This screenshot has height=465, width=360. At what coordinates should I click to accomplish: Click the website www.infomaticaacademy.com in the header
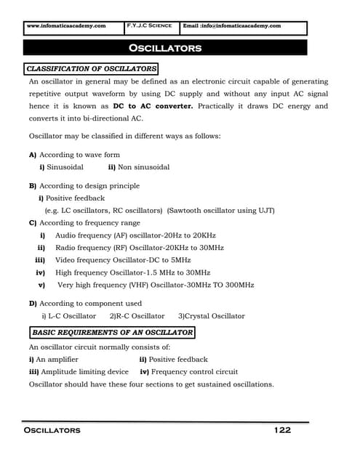click(65, 25)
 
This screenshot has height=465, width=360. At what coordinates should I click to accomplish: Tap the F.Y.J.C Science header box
click(149, 25)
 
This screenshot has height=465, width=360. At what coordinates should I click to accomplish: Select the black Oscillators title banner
click(165, 48)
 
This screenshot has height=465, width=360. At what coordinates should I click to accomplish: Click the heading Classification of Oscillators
click(91, 68)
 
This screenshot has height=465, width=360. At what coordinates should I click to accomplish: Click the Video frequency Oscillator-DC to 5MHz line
click(122, 259)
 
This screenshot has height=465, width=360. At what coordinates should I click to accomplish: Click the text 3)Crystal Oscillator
click(211, 316)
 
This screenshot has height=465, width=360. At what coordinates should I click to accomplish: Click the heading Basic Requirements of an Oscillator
click(112, 333)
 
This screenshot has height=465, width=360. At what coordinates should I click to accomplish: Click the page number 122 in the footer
click(282, 430)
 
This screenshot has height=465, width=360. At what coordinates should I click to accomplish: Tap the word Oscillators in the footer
click(53, 431)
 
